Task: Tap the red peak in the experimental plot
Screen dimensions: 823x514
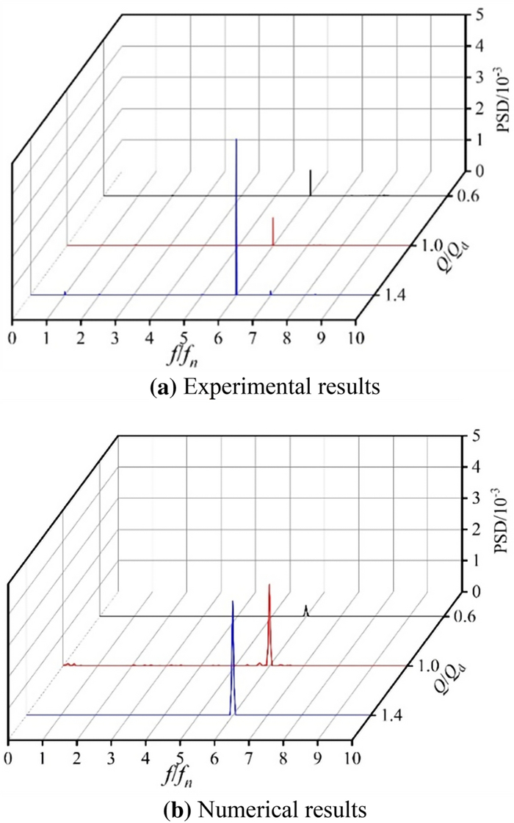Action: coord(272,232)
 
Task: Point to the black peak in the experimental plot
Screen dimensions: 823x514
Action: coord(311,183)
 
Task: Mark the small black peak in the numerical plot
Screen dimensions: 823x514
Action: coord(306,610)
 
